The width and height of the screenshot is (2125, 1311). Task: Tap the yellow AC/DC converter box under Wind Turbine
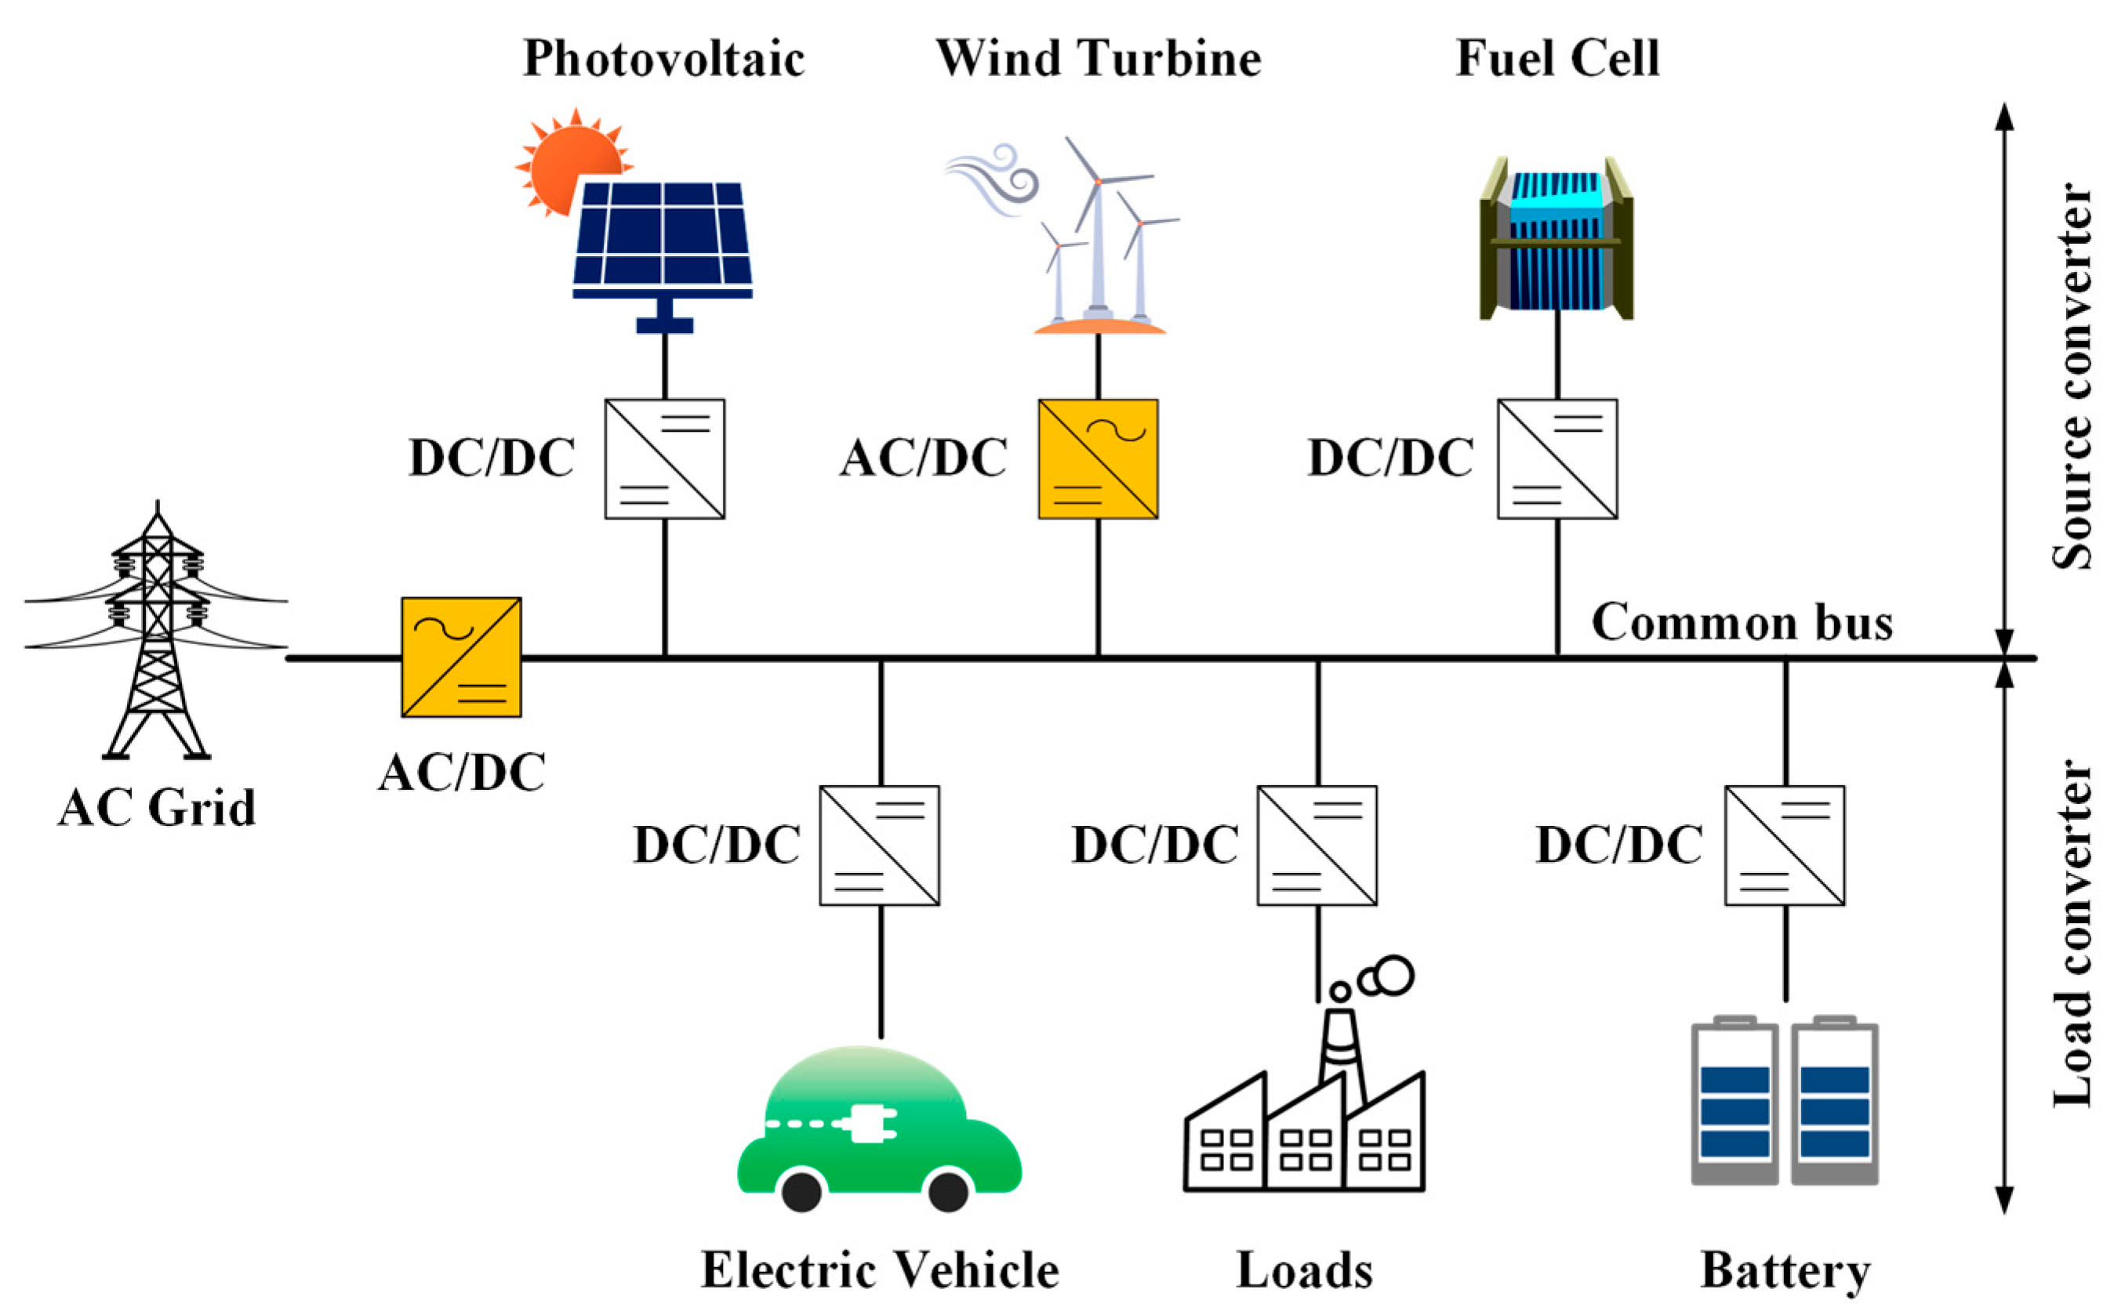coord(1097,458)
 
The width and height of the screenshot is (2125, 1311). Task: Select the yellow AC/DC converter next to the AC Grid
coord(460,657)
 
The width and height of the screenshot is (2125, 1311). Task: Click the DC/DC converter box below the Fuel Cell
coord(1557,458)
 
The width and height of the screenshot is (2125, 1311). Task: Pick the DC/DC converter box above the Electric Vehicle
coord(879,846)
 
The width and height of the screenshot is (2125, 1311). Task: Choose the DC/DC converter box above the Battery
coord(1784,846)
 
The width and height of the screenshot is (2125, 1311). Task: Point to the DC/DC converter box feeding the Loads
coord(1317,846)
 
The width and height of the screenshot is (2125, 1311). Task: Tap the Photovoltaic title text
coord(663,59)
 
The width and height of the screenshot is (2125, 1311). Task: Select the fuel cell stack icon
coord(1556,238)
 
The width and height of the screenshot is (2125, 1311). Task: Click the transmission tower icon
coord(157,633)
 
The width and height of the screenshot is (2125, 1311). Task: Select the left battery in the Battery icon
coord(1735,1103)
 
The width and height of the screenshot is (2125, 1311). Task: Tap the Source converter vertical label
coord(2071,377)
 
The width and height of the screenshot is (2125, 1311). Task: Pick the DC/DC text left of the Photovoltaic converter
coord(492,458)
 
